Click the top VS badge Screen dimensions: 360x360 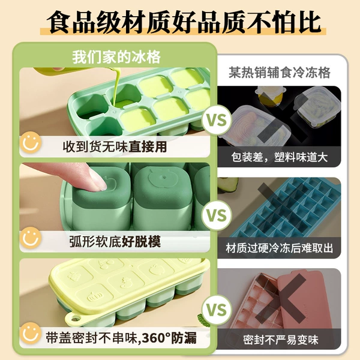click(217, 120)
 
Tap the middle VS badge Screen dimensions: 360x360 click(217, 215)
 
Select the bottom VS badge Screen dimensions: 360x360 click(217, 310)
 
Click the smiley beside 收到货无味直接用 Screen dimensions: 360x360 click(31, 142)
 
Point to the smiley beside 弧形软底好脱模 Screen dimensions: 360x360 click(31, 238)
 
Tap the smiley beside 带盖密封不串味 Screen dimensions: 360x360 click(31, 333)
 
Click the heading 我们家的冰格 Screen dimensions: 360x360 click(116, 57)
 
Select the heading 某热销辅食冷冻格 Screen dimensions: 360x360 click(280, 73)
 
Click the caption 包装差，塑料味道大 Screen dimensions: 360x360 click(280, 157)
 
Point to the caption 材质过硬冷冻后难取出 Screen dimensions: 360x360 click(279, 248)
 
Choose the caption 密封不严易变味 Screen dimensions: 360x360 click(281, 340)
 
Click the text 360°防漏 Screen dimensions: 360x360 click(169, 338)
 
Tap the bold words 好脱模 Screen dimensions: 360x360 click(141, 241)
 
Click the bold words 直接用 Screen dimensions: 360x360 click(148, 146)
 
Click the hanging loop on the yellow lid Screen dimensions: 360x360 click(74, 319)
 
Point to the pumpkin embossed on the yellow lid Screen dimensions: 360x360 click(95, 297)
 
